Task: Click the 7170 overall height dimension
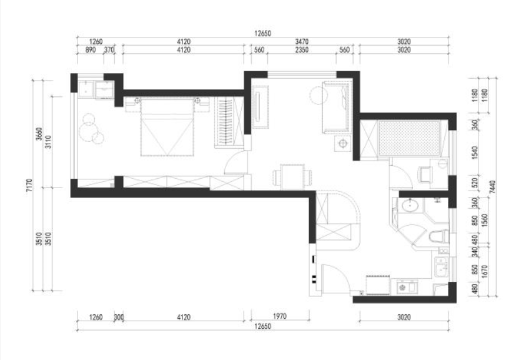29,186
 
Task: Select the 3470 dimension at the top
302,42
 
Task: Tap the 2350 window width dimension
302,50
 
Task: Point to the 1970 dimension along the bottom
280,316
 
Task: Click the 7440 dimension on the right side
492,187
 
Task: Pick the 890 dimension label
91,50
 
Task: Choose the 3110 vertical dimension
49,142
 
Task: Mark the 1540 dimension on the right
475,152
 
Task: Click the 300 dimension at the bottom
119,317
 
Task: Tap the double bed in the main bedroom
167,127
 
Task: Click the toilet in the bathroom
438,237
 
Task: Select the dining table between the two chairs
292,176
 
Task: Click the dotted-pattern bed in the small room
409,138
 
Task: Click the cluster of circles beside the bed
91,129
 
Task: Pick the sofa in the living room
335,107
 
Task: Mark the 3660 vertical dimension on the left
39,134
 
